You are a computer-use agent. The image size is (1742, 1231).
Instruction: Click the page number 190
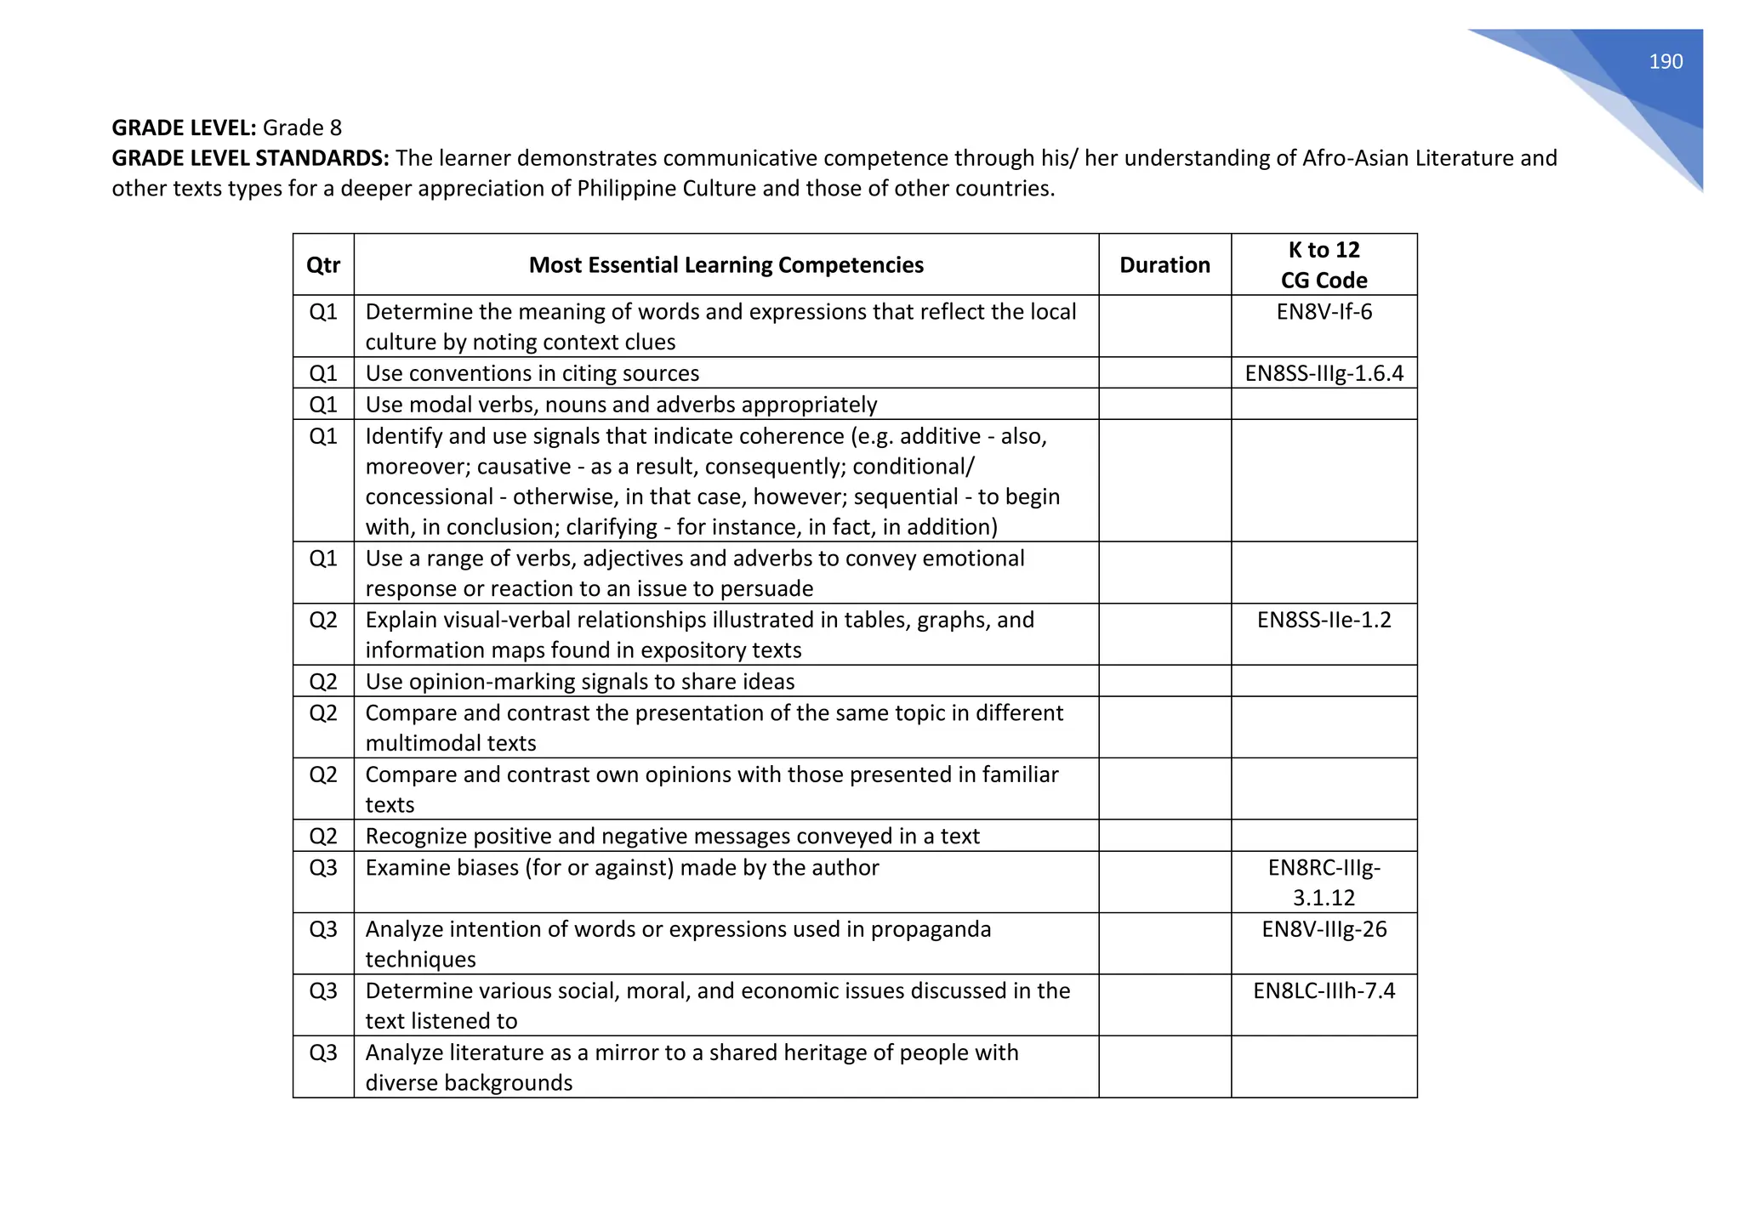(1665, 61)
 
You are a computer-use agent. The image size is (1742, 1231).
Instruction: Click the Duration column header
(1164, 265)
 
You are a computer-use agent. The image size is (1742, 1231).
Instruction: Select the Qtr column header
(322, 265)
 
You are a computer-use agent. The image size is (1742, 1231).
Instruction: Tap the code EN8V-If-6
(1324, 312)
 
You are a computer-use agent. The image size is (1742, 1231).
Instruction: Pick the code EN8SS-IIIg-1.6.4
(1324, 373)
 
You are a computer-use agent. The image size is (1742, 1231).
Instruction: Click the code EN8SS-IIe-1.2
(1324, 620)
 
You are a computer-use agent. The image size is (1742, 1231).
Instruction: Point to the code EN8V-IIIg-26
(1324, 929)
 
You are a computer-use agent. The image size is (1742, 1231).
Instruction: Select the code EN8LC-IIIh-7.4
(1324, 990)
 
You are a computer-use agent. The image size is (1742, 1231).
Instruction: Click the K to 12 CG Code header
(1324, 265)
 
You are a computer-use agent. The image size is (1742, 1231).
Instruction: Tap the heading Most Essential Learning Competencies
(726, 265)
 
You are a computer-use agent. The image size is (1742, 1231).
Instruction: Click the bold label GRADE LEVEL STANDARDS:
(251, 158)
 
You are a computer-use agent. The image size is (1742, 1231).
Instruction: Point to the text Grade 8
(302, 128)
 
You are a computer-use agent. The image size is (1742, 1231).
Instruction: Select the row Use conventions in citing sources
(532, 373)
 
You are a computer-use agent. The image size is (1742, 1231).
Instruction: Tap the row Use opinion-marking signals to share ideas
(579, 682)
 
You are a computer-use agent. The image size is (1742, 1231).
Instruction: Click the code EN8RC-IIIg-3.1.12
(1324, 882)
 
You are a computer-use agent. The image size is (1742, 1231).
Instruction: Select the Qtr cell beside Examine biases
(322, 868)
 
